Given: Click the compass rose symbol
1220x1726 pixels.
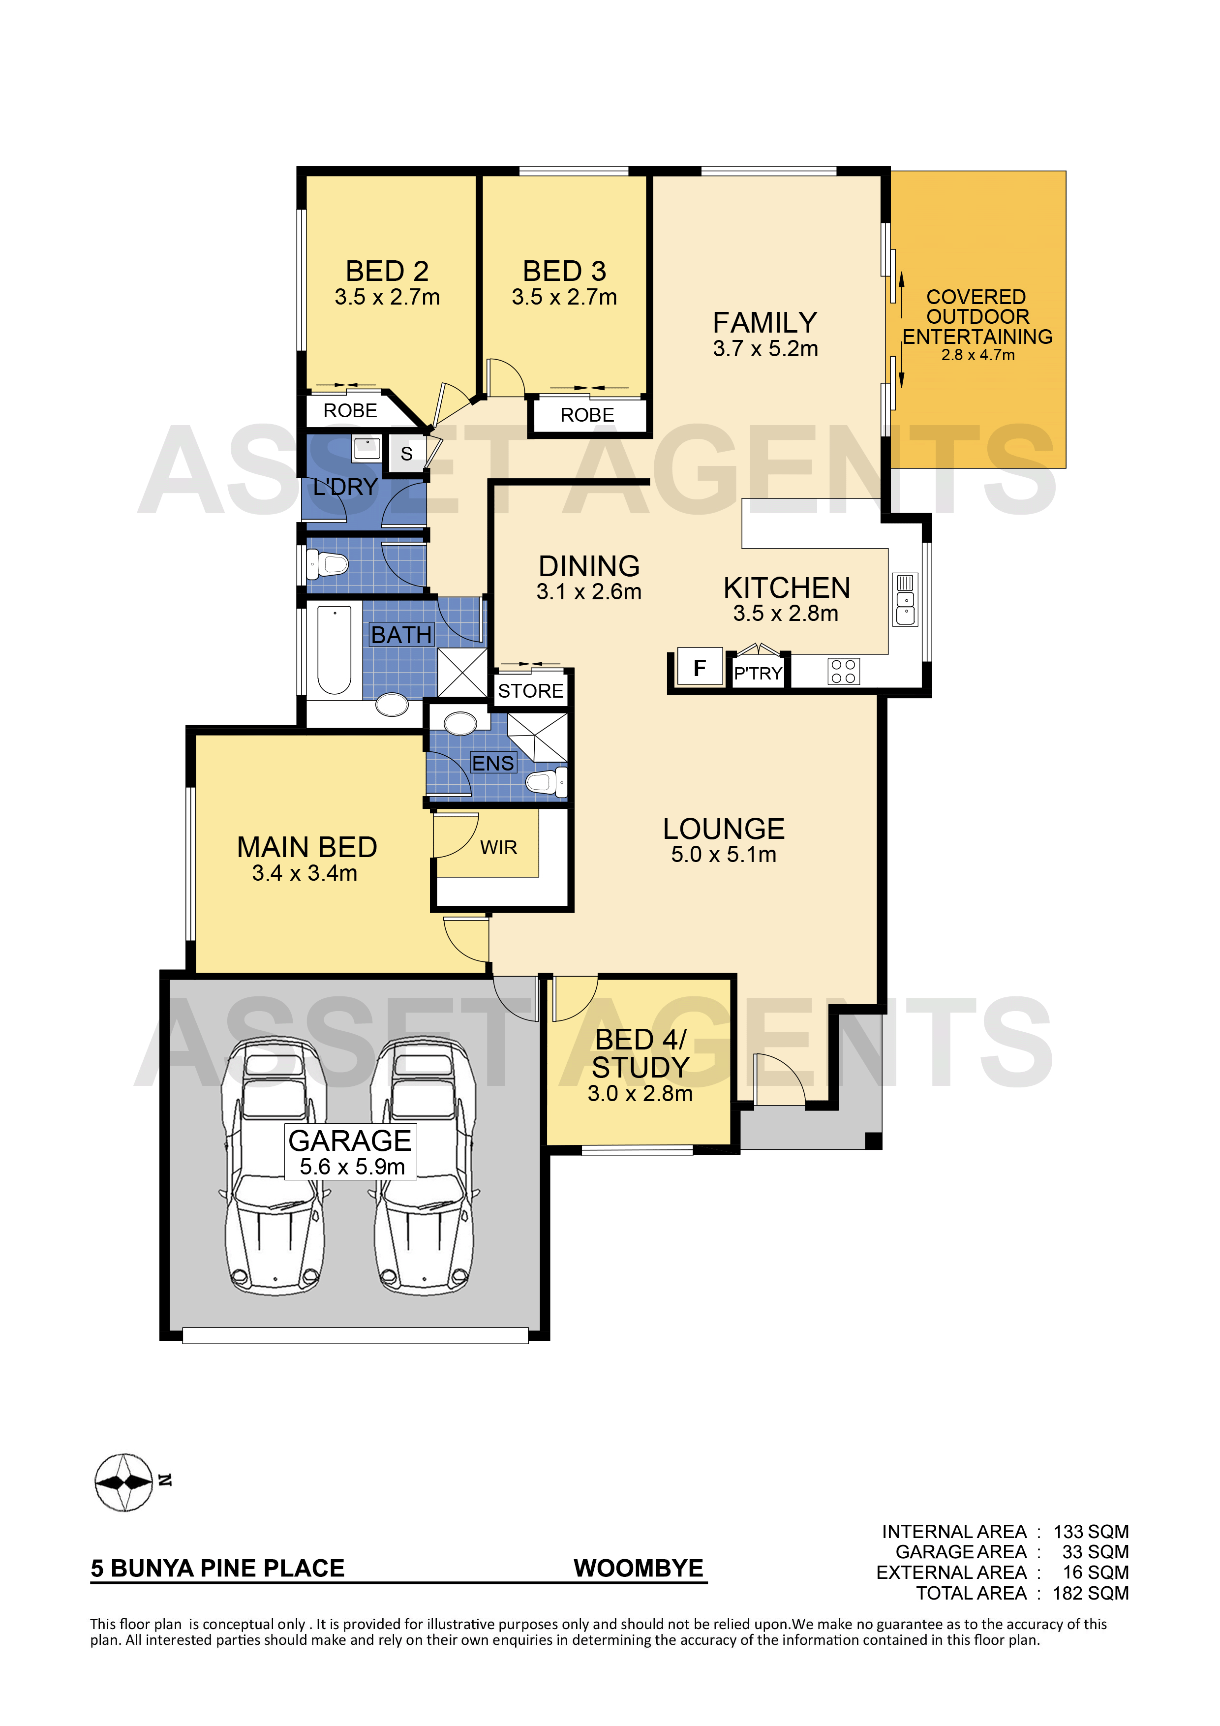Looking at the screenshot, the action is (x=124, y=1481).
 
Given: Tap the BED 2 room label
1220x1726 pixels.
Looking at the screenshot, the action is (x=387, y=271).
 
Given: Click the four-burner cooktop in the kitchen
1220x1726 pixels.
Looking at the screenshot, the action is (x=843, y=671).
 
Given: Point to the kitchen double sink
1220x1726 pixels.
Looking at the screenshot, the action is (x=905, y=600).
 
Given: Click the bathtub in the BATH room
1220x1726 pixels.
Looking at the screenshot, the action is (x=335, y=649).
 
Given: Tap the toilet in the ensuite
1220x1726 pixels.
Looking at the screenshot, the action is (x=547, y=782).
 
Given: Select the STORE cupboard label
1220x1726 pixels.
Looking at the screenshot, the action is (x=531, y=691).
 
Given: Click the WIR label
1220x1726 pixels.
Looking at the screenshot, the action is (x=498, y=848).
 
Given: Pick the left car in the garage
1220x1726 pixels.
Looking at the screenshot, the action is (x=275, y=1165).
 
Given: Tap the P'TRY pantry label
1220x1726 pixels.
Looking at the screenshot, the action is (x=758, y=674).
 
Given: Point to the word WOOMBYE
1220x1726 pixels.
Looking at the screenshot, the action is (x=638, y=1568).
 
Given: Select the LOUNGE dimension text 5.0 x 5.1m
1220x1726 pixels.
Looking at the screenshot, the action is (x=723, y=855).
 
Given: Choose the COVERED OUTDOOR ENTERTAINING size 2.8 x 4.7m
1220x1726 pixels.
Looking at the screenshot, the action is (x=978, y=355).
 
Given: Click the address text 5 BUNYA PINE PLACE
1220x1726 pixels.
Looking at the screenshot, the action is (x=217, y=1568).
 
